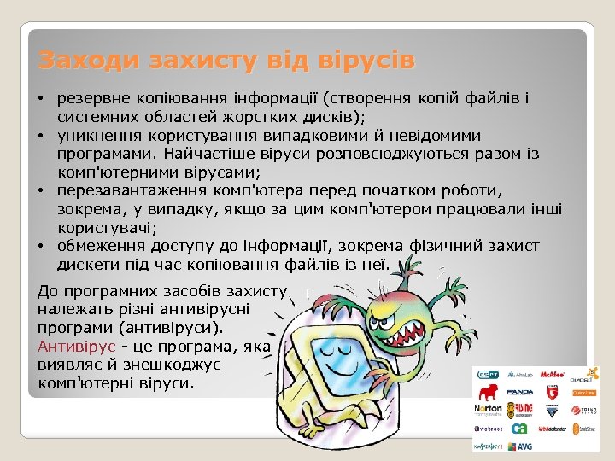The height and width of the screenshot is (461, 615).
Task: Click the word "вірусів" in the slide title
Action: coord(366,61)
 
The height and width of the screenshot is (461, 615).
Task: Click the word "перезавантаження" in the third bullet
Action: coord(127,190)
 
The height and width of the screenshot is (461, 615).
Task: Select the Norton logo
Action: coord(488,408)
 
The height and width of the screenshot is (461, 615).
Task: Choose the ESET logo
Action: coord(488,374)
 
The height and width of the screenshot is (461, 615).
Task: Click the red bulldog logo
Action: coord(488,391)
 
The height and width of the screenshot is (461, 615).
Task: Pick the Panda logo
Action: coord(520,392)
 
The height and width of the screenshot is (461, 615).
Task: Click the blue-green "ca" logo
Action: coord(520,428)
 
